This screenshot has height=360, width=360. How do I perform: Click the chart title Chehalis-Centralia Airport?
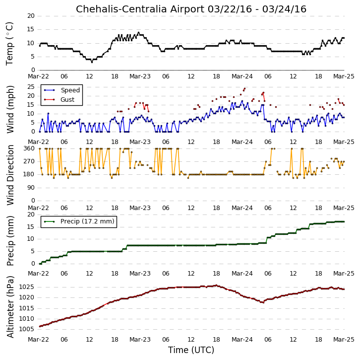(140, 9)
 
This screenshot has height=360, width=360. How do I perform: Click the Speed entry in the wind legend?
(70, 90)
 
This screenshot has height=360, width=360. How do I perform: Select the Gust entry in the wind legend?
(67, 99)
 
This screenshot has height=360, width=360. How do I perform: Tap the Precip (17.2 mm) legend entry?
(87, 221)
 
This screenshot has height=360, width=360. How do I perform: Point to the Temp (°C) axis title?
(9, 44)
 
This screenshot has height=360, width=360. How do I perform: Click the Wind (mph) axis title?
(10, 109)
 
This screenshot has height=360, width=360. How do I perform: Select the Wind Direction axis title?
(10, 175)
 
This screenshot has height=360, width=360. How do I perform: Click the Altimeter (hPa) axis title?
(10, 307)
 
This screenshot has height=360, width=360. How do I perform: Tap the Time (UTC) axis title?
(191, 350)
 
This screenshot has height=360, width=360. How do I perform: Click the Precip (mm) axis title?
(10, 241)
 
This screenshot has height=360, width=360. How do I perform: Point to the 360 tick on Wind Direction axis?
(29, 148)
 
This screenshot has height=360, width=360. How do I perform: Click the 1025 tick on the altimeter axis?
(26, 287)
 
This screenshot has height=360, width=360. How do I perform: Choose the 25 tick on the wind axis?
(31, 87)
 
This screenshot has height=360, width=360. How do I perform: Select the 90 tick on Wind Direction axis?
(31, 188)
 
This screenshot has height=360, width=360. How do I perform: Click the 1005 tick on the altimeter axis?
(26, 329)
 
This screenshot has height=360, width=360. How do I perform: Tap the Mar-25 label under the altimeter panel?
(344, 340)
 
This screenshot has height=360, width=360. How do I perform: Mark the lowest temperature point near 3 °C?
(92, 62)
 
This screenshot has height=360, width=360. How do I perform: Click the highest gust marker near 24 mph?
(244, 88)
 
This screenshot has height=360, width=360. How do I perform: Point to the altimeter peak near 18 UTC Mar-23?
(216, 286)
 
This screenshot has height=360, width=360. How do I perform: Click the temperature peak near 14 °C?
(138, 33)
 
